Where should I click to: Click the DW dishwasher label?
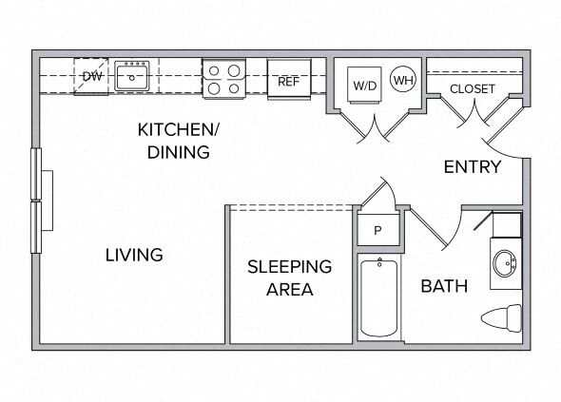pos(92,76)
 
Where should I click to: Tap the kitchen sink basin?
pos(131,76)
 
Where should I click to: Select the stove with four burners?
pos(224,79)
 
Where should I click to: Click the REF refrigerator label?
pos(288,82)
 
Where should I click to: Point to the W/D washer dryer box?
pos(364,85)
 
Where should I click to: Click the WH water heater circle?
pos(403,80)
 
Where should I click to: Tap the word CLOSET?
pos(473,88)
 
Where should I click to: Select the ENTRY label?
pos(473,166)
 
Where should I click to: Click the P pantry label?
pos(377,231)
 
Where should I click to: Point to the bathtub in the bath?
pos(378,297)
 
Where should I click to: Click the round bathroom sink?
pos(505,263)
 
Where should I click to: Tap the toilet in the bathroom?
pos(502,318)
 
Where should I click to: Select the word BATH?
pos(444,286)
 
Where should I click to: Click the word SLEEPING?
pos(290,267)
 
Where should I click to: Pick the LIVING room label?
pos(134,255)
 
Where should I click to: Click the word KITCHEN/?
pos(178,129)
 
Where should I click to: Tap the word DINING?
pos(178,152)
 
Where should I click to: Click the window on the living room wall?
pos(36,201)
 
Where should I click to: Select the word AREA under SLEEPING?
pos(290,289)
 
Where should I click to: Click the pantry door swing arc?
pos(391,190)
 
